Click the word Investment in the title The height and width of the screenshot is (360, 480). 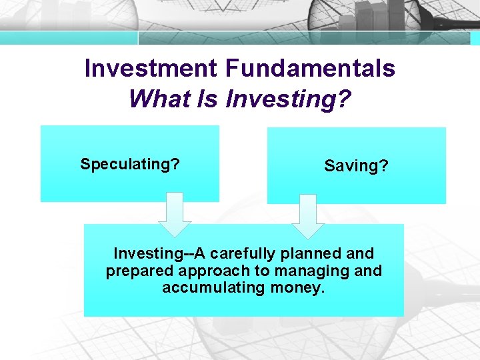pos(151,68)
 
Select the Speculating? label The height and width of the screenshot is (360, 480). pos(130,164)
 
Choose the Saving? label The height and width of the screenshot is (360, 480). pos(356,166)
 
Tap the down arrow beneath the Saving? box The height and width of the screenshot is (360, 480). pos(307,216)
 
